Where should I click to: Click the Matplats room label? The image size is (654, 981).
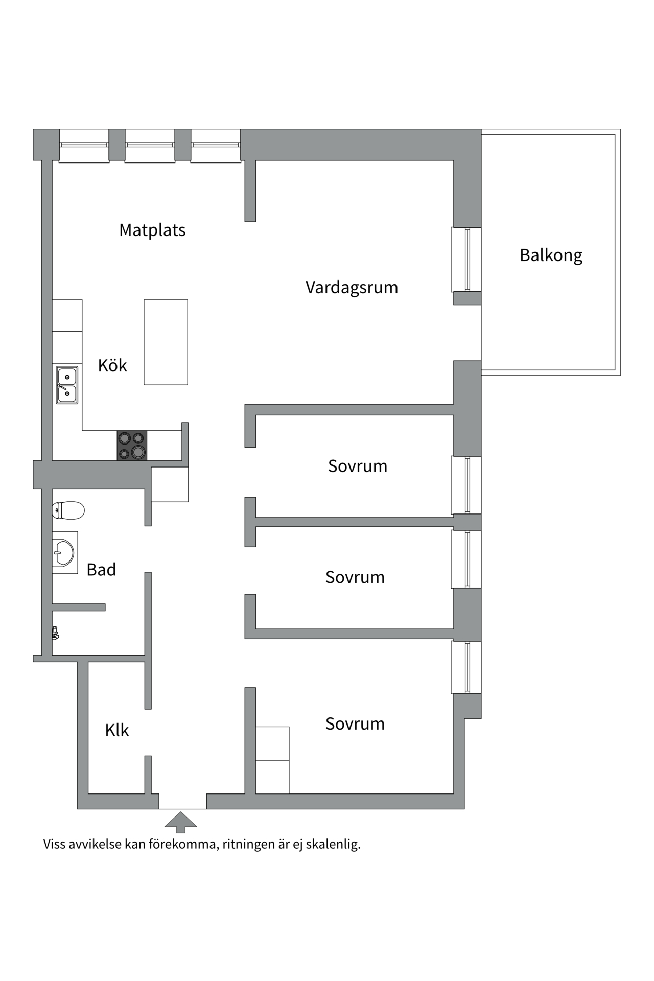[152, 230]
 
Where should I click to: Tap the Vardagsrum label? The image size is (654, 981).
[352, 288]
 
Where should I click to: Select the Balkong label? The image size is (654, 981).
[551, 255]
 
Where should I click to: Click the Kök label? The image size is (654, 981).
[112, 366]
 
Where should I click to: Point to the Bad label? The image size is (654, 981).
[101, 570]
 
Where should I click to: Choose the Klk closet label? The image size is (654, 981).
[116, 731]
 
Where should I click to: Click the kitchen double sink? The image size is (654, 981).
[67, 385]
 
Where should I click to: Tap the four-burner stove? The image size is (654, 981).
[132, 446]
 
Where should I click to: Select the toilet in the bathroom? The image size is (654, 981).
[68, 510]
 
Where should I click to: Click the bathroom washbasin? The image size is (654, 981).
[64, 552]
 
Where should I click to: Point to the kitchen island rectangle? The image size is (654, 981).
[166, 342]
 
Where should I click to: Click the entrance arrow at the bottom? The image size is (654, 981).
[180, 821]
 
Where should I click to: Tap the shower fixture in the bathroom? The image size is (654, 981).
[55, 634]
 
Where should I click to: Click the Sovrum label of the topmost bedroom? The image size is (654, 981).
[358, 466]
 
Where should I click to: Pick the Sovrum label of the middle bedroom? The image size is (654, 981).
[355, 577]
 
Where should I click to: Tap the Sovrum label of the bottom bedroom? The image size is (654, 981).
[355, 724]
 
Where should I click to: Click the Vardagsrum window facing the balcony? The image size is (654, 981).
[466, 260]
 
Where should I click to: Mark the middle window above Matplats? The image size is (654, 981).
[150, 145]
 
